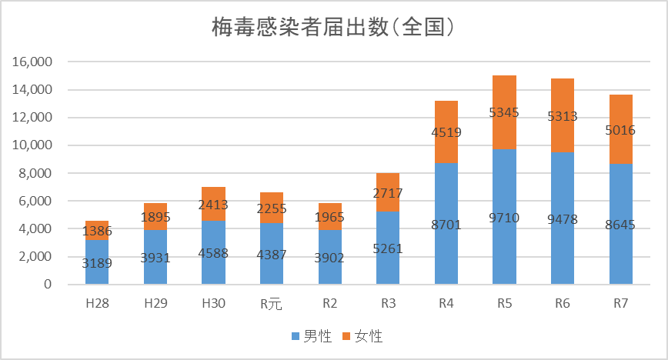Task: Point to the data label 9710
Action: pos(504,218)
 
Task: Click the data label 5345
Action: pos(504,112)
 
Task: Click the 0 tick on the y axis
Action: pos(48,285)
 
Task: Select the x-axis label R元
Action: pos(271,304)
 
